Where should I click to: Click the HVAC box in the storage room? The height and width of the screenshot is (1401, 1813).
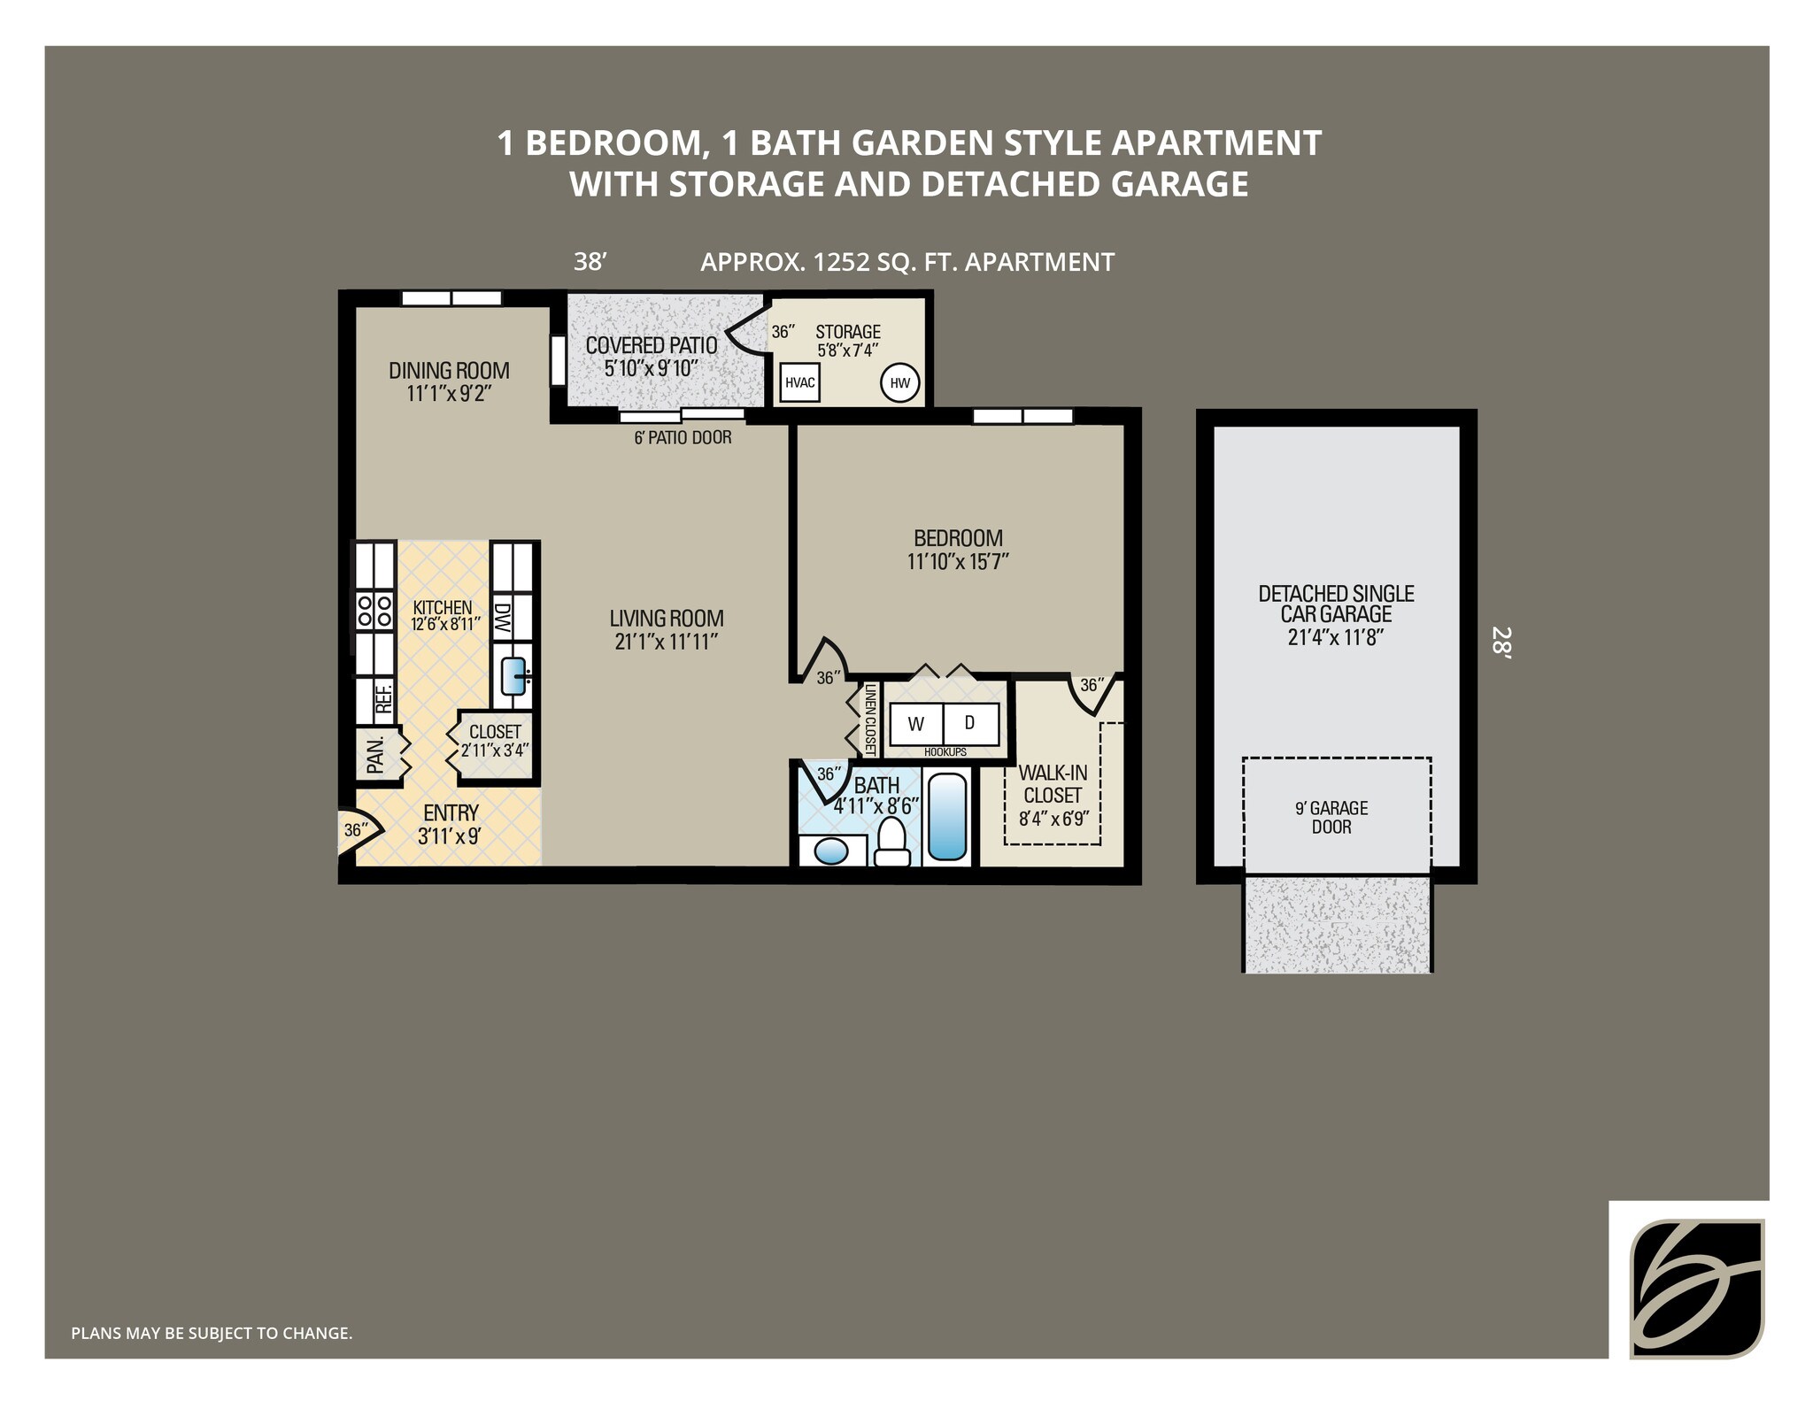coord(800,383)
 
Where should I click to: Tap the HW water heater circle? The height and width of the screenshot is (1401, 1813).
coord(900,383)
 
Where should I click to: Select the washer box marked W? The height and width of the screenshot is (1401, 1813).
coord(916,724)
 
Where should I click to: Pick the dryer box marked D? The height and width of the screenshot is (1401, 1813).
coord(971,724)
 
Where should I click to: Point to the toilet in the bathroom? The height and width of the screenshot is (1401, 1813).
coord(891,842)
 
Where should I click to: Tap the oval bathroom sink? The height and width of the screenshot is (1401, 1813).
coord(830,852)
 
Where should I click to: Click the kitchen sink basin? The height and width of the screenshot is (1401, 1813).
coord(513,676)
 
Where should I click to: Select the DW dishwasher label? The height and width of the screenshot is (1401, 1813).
coord(502,617)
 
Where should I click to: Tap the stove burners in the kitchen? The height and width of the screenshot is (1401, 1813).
coord(374,611)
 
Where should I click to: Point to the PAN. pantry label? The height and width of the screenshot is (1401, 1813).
coord(375,754)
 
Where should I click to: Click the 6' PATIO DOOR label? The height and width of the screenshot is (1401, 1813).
coord(683,437)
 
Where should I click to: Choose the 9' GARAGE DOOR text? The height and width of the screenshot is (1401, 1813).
coord(1331,818)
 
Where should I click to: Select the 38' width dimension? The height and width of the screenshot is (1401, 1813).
coord(590,262)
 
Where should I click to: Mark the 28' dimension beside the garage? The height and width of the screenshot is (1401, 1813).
coord(1502,643)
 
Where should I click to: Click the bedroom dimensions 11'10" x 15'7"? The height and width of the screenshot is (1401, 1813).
coord(958,561)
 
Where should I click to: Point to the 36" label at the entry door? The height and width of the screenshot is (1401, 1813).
coord(355,830)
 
